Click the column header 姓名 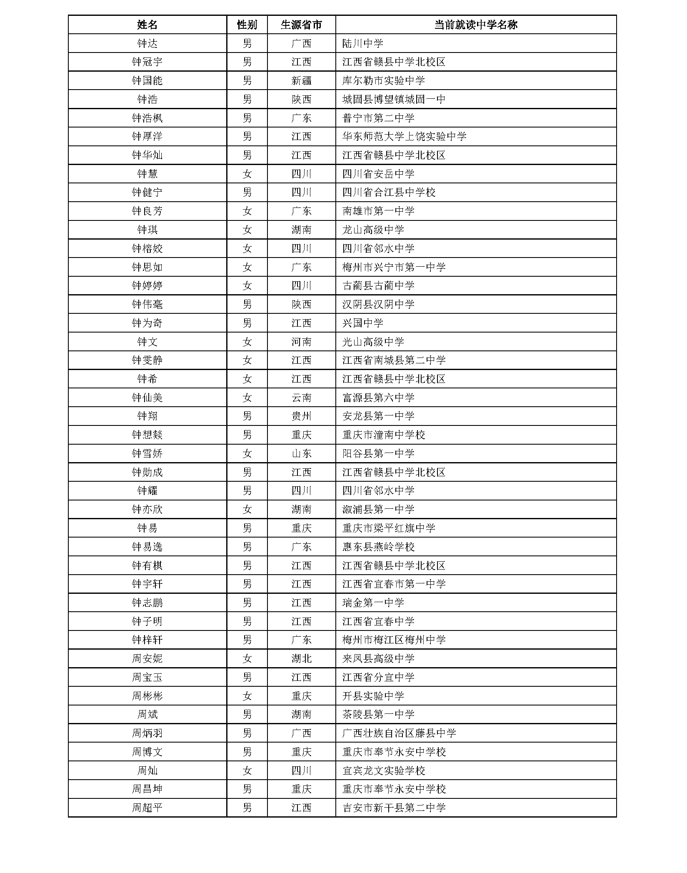147,25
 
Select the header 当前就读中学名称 475,25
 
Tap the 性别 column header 247,25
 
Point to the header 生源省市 301,25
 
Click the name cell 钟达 147,43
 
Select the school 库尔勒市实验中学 383,81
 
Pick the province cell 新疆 301,81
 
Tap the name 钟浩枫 147,118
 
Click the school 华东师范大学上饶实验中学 404,137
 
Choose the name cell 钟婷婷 147,286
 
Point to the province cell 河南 301,342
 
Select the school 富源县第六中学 378,398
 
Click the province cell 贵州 301,416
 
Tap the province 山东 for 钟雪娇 301,454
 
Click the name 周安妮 147,659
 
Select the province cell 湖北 301,659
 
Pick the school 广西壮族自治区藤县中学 399,733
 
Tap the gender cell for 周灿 247,771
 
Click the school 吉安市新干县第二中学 394,808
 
